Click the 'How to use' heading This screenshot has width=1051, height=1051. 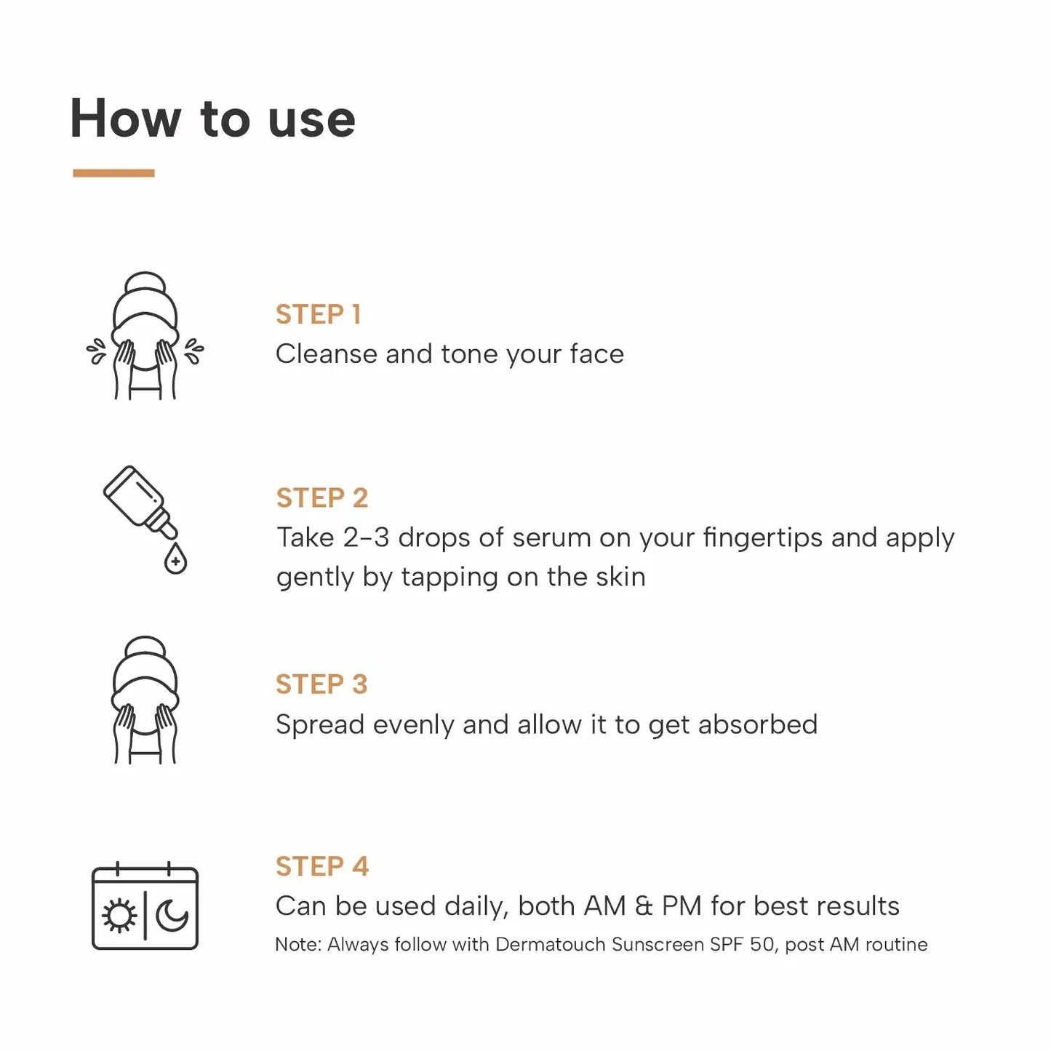212,119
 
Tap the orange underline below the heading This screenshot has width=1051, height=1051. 113,173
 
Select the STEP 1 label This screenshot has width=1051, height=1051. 318,314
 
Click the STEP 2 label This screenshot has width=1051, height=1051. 321,498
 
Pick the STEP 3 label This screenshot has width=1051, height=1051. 321,684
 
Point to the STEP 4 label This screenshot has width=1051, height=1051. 321,866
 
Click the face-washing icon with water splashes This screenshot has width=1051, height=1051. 145,337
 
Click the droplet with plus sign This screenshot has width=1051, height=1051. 175,560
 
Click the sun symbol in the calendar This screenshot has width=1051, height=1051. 119,916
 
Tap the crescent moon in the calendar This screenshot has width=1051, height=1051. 172,916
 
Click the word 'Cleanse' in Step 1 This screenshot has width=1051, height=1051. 326,354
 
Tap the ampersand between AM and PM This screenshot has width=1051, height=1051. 644,906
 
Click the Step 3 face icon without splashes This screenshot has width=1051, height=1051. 145,701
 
